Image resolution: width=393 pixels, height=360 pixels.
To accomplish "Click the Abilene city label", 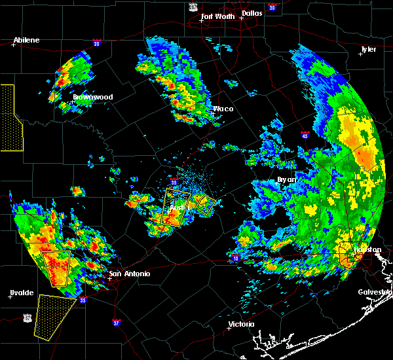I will pyautogui.click(x=26, y=40).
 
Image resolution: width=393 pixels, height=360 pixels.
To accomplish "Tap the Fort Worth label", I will pyautogui.click(x=217, y=16).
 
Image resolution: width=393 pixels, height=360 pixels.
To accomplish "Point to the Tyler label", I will pyautogui.click(x=369, y=50).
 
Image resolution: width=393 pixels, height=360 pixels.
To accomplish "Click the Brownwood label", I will pyautogui.click(x=92, y=97).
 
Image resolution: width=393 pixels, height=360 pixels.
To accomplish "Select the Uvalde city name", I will pyautogui.click(x=21, y=292).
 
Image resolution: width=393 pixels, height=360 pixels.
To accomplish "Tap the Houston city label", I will pyautogui.click(x=367, y=250).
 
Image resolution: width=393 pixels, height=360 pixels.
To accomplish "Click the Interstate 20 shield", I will pyautogui.click(x=97, y=44).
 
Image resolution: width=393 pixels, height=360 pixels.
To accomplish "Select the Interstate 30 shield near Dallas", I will pyautogui.click(x=272, y=7).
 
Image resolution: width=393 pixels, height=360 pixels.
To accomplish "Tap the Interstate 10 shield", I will pyautogui.click(x=235, y=259).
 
